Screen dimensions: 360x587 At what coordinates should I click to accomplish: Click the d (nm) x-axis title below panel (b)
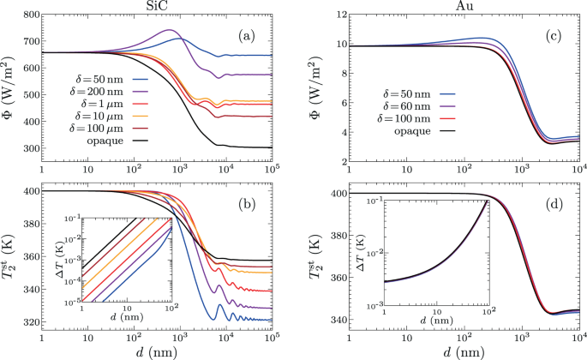pyautogui.click(x=164, y=351)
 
